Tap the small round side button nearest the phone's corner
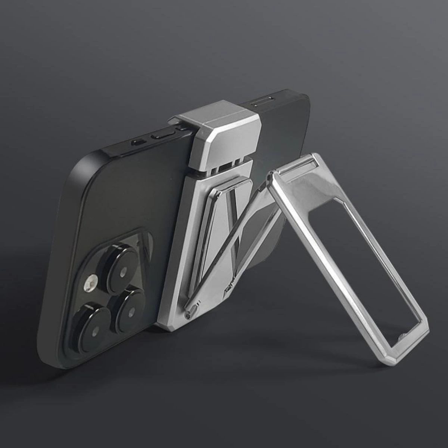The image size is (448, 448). [x=138, y=142]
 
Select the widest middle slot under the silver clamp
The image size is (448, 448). [x=224, y=167]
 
